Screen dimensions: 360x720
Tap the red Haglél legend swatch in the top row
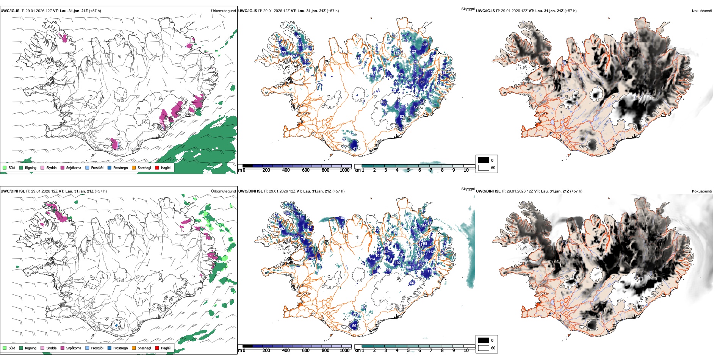pos(157,168)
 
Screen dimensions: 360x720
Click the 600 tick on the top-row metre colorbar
pos(306,170)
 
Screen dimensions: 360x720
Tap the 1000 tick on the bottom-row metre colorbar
pos(344,351)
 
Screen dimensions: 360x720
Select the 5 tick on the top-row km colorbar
pos(409,170)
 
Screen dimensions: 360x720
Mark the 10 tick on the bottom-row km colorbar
pos(466,351)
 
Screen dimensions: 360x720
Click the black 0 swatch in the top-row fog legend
pos(484,160)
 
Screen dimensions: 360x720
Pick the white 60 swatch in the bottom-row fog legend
pos(484,348)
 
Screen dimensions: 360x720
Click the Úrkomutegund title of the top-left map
pos(224,11)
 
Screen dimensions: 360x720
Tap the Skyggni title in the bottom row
pos(468,189)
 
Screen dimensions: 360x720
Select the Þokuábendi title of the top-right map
pos(702,11)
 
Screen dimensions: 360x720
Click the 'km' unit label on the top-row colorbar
pos(357,170)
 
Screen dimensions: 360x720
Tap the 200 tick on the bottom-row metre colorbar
pos(266,351)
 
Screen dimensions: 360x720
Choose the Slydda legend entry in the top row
pos(51,168)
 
